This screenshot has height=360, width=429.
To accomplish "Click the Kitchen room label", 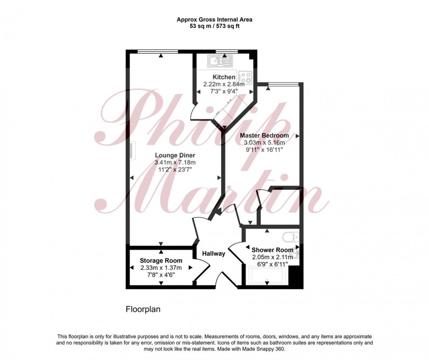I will (x=224, y=77).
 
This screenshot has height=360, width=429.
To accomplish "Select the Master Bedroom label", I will (x=264, y=135).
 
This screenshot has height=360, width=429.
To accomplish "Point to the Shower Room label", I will (x=272, y=250).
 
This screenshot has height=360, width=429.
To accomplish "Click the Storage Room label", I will (x=161, y=260).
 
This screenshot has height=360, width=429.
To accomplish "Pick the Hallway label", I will (x=214, y=254).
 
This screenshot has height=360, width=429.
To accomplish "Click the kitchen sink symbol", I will (x=219, y=62).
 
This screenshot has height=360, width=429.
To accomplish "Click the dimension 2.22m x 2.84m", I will (x=224, y=84).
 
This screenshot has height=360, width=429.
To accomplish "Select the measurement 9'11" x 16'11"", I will (x=264, y=149).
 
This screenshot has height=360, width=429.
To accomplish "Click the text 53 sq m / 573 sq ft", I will (x=214, y=26).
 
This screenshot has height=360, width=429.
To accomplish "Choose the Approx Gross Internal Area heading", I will (x=214, y=19).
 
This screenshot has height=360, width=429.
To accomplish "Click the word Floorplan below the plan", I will (x=143, y=310).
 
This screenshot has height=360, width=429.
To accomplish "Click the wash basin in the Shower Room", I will (x=297, y=254).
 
